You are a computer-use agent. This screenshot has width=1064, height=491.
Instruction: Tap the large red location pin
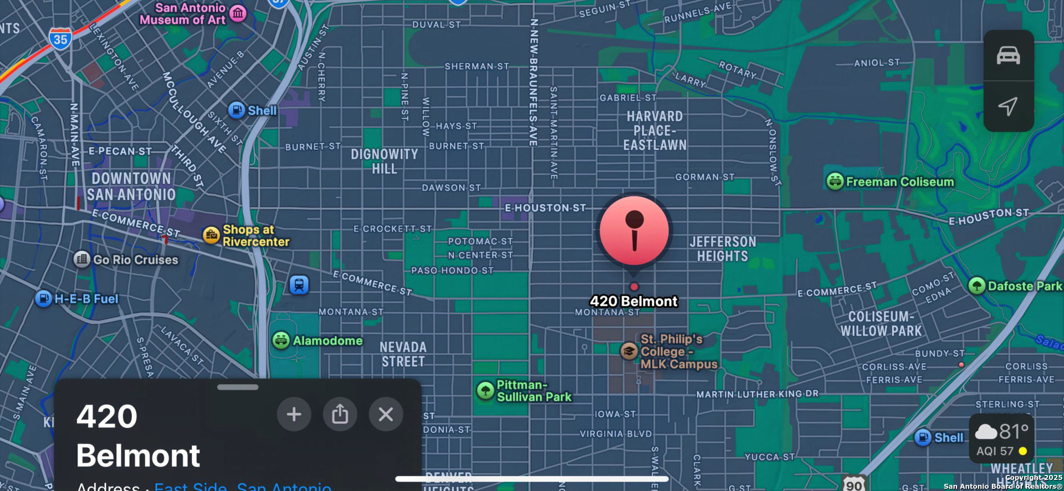pos(634,231)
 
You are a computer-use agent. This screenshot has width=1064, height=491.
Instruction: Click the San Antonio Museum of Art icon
pos(238,13)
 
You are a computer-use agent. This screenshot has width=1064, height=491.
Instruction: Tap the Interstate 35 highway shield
pos(60,39)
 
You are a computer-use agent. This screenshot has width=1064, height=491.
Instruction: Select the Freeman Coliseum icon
pos(835,181)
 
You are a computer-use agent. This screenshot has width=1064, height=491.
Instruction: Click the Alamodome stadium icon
pos(281,340)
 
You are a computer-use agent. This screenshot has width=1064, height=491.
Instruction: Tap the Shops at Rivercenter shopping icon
pos(211,235)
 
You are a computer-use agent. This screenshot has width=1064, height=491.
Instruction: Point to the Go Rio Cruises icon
pos(82,259)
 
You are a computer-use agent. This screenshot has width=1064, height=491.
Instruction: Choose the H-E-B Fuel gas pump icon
pos(43,298)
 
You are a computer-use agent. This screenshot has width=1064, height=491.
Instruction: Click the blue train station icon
pos(299,285)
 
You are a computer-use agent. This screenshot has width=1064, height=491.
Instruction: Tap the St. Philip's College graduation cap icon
pos(628,351)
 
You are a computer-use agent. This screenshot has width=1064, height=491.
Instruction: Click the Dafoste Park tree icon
pos(976,286)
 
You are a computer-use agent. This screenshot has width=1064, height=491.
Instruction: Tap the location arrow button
pos(1008,106)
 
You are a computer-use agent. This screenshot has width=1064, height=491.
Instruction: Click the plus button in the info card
pos(294,414)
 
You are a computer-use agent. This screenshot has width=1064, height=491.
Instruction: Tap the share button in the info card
pos(340,414)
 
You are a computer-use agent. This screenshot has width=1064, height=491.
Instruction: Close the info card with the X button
pos(386,414)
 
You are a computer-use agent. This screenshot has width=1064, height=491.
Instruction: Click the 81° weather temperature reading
pos(1014,431)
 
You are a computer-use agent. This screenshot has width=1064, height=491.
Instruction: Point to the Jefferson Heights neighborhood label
pos(723,249)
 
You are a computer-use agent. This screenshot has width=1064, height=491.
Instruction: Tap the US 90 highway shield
pos(854,484)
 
